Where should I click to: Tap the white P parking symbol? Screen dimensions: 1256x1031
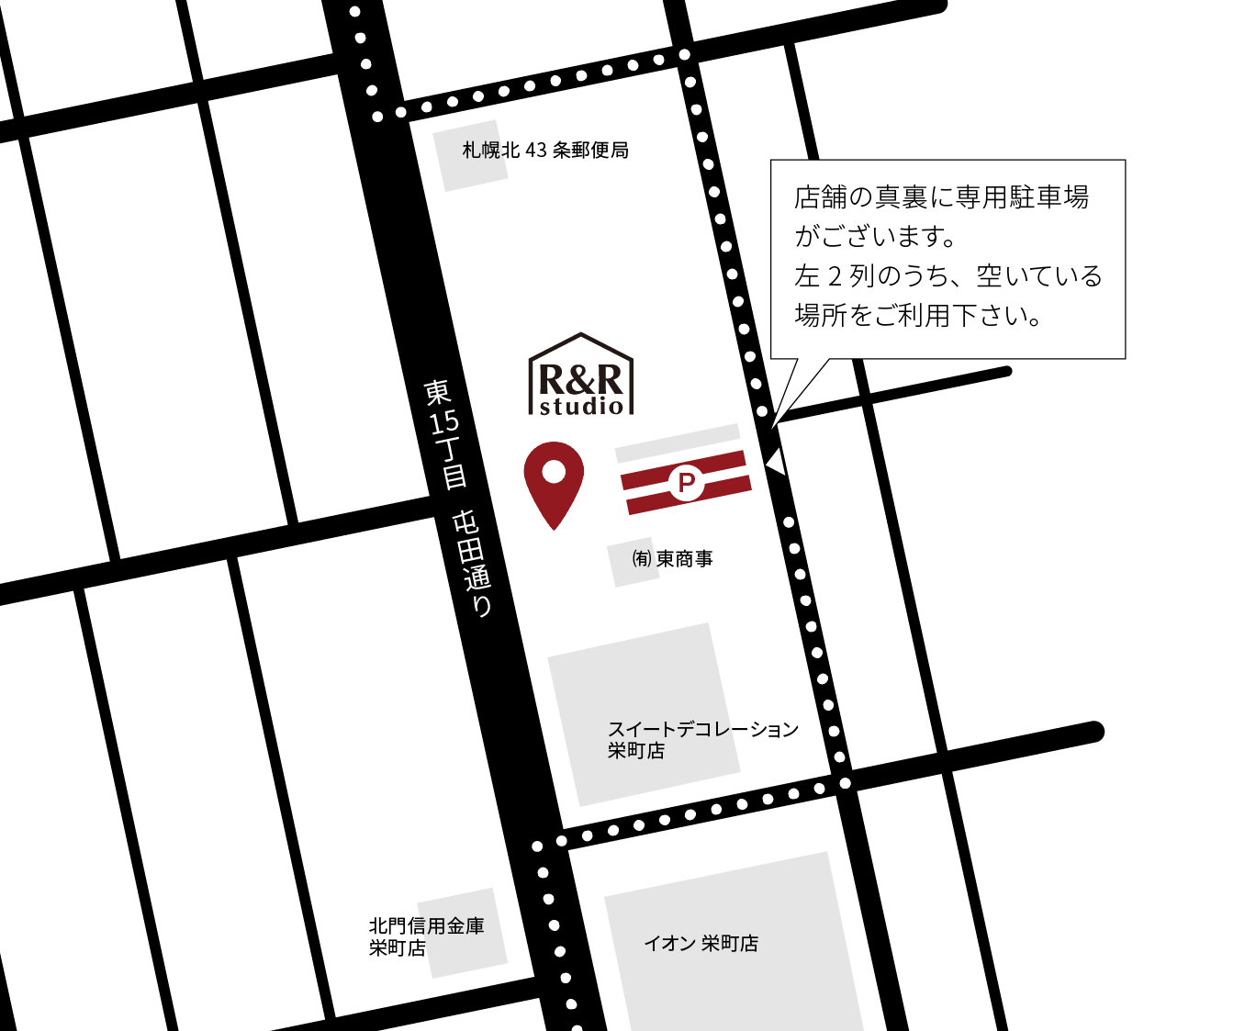(x=686, y=481)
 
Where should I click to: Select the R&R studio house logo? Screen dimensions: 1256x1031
(x=580, y=374)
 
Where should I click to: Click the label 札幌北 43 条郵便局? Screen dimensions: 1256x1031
(x=545, y=150)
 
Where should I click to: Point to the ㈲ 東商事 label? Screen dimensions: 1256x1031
(x=672, y=559)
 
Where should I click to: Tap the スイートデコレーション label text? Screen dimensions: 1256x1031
(x=702, y=729)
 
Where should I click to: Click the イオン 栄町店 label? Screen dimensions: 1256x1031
(x=701, y=944)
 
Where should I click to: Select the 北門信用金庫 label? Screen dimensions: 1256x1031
(x=426, y=926)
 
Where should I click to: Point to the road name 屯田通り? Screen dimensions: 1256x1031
(x=472, y=564)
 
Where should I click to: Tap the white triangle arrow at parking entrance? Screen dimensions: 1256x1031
(x=776, y=461)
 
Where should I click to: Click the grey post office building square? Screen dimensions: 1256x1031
(x=470, y=155)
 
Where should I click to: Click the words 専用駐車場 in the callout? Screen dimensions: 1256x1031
(x=1022, y=197)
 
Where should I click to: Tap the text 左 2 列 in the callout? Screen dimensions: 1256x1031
(x=833, y=276)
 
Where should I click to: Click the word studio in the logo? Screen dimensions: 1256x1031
(x=581, y=406)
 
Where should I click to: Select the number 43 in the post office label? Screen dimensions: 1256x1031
(x=536, y=150)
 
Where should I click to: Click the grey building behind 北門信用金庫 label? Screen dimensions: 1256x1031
(x=462, y=933)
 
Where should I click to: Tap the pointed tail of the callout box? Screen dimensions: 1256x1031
(x=772, y=427)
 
